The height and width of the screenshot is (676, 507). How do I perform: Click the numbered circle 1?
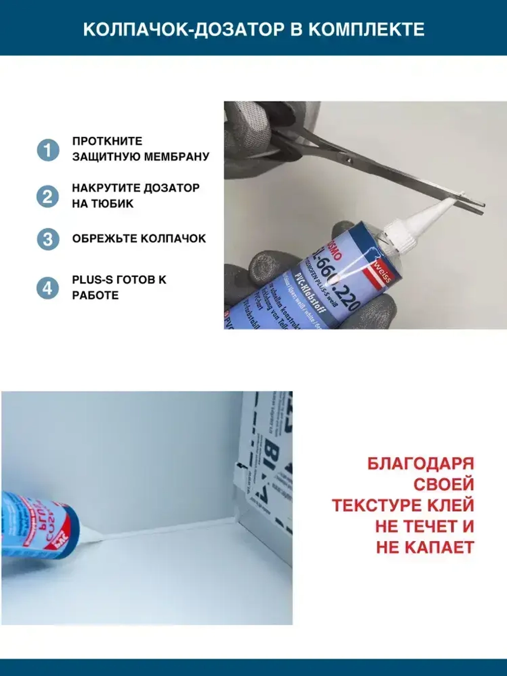point(48,150)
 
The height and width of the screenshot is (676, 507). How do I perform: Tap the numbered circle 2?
point(48,196)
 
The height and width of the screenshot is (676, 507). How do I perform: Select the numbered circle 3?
point(48,238)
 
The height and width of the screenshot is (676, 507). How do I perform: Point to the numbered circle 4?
point(48,288)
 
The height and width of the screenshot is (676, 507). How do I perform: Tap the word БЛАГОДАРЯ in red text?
point(420,464)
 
